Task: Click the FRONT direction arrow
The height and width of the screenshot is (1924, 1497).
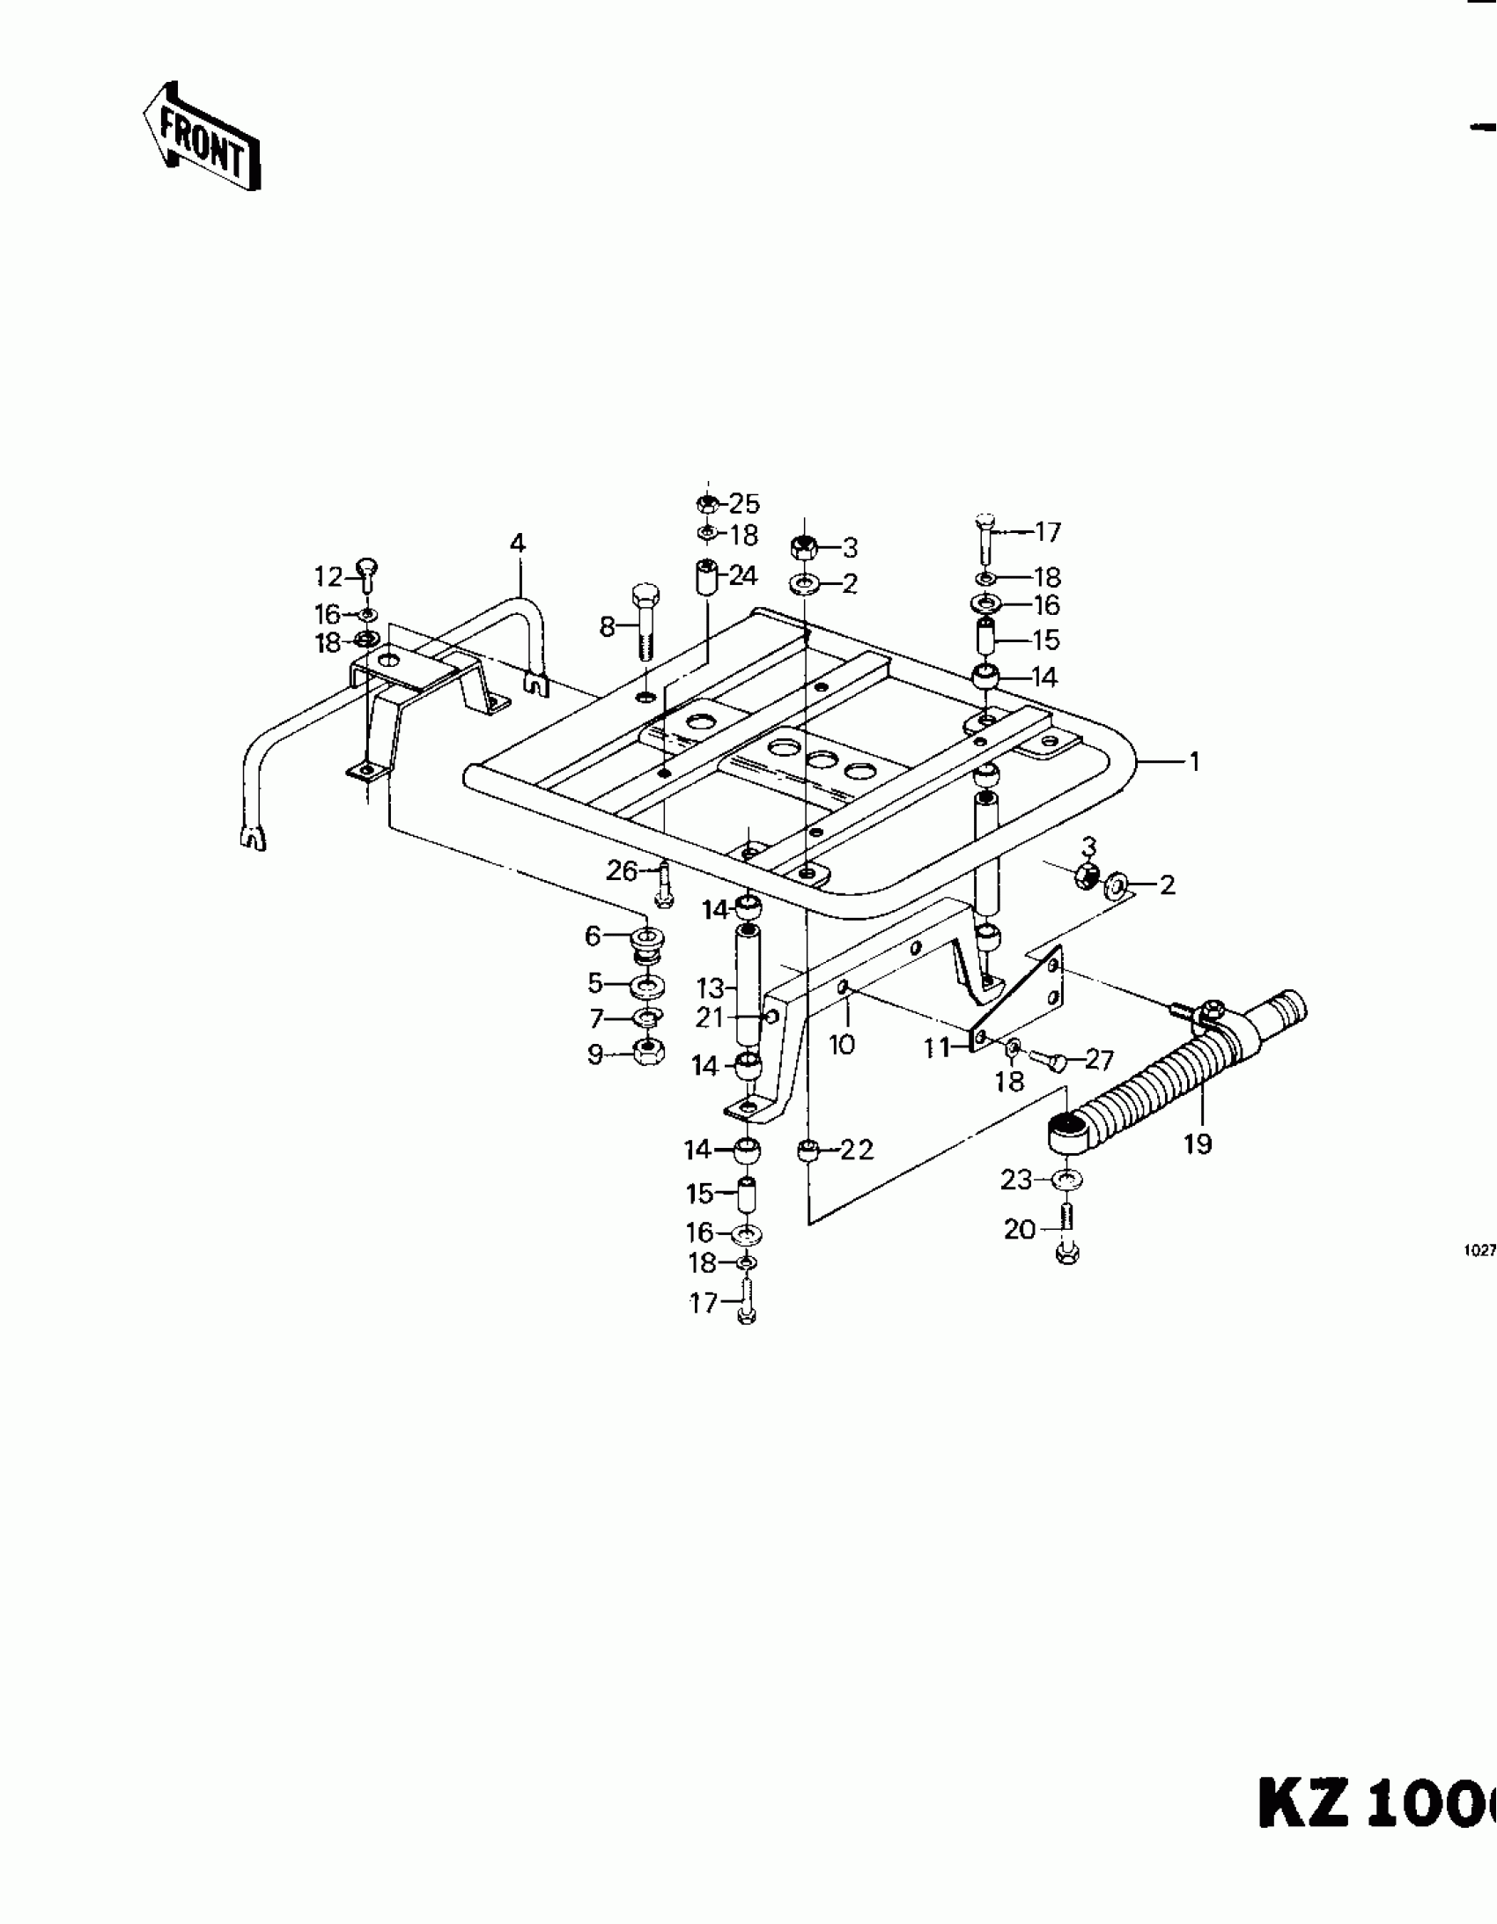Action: [x=201, y=137]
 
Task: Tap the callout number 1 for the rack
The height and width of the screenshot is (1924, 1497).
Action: [x=1194, y=761]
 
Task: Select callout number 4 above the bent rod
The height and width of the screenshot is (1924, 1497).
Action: [x=518, y=544]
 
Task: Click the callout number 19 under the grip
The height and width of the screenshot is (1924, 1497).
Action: [x=1198, y=1144]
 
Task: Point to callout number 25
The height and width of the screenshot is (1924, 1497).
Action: [x=744, y=504]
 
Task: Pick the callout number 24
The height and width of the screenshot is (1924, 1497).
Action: [x=743, y=576]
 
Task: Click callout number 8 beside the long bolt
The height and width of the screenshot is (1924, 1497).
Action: [x=607, y=627]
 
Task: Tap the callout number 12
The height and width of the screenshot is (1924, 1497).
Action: [x=328, y=577]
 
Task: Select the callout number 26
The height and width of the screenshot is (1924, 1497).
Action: [x=622, y=871]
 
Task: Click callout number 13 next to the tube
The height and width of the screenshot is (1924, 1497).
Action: [x=710, y=988]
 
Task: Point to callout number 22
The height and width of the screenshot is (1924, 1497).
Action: [x=855, y=1150]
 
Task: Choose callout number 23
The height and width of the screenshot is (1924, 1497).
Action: [x=1015, y=1179]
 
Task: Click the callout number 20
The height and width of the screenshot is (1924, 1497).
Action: [x=1019, y=1228]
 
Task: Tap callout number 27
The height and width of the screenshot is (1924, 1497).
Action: [x=1100, y=1059]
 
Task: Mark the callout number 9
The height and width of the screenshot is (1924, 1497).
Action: [x=595, y=1054]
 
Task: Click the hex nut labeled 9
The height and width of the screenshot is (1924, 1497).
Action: [x=649, y=1051]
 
